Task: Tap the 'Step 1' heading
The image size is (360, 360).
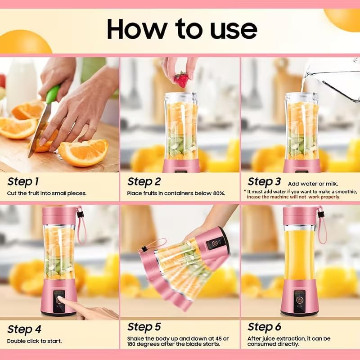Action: (23, 181)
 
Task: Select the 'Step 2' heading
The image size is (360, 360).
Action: (144, 181)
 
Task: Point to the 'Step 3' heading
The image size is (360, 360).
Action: (264, 182)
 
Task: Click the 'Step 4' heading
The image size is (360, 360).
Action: (25, 328)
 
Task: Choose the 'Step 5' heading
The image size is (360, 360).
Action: (144, 327)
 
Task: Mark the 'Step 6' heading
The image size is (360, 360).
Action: (264, 327)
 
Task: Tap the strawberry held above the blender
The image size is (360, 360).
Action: (181, 80)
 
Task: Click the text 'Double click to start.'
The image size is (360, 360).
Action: (34, 341)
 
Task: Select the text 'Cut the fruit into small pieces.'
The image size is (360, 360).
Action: (47, 193)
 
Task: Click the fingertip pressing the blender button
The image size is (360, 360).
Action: (63, 302)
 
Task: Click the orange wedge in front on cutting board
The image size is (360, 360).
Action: (83, 152)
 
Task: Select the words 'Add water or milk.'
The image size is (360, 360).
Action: (313, 184)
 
